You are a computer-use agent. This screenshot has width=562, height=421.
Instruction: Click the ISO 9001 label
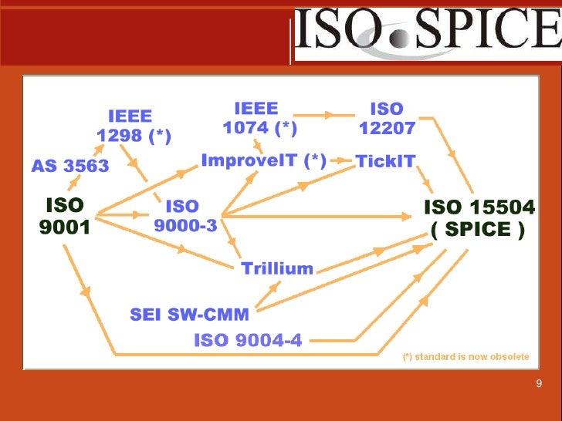pos(65,217)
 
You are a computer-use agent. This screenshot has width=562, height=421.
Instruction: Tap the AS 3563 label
pos(70,165)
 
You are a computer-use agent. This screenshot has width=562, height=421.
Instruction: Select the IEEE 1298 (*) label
pos(134,126)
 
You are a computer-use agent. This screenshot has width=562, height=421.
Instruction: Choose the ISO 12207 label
pos(387,118)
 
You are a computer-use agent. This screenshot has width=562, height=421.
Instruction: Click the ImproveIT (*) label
pos(263,160)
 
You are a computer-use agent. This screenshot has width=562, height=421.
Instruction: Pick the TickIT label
pos(385,161)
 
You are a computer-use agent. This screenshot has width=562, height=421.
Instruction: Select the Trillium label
pos(277,269)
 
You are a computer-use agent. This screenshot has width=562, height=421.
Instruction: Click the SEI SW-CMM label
pos(189,315)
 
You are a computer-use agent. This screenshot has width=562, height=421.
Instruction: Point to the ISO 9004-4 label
pos(248,339)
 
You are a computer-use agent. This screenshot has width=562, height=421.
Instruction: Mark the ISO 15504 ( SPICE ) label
pos(479,218)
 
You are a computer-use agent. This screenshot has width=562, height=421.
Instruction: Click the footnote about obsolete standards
pos(465,357)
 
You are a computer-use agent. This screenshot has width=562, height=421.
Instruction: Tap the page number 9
pos(538,385)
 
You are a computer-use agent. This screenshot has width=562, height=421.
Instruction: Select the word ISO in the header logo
pos(344,32)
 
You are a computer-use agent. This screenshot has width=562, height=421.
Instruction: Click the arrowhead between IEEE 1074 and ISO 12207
pos(330,115)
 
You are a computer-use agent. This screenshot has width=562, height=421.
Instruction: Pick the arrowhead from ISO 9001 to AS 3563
pos(76,183)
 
